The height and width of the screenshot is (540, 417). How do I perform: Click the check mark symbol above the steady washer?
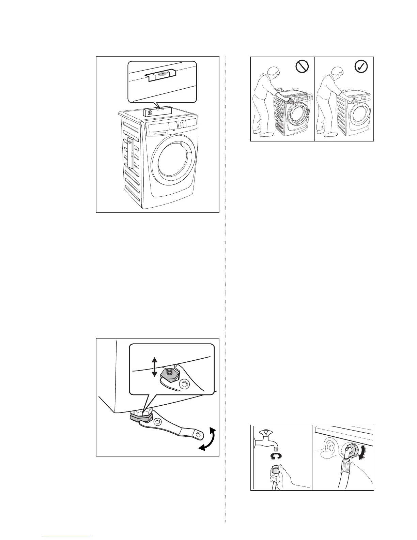[x=361, y=67]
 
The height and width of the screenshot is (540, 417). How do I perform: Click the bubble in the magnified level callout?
[x=162, y=73]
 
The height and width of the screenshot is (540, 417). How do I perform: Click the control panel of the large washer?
[x=172, y=126]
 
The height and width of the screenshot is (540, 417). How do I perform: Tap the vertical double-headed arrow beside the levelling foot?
[x=154, y=367]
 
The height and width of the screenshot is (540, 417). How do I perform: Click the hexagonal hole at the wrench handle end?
[x=198, y=434]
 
